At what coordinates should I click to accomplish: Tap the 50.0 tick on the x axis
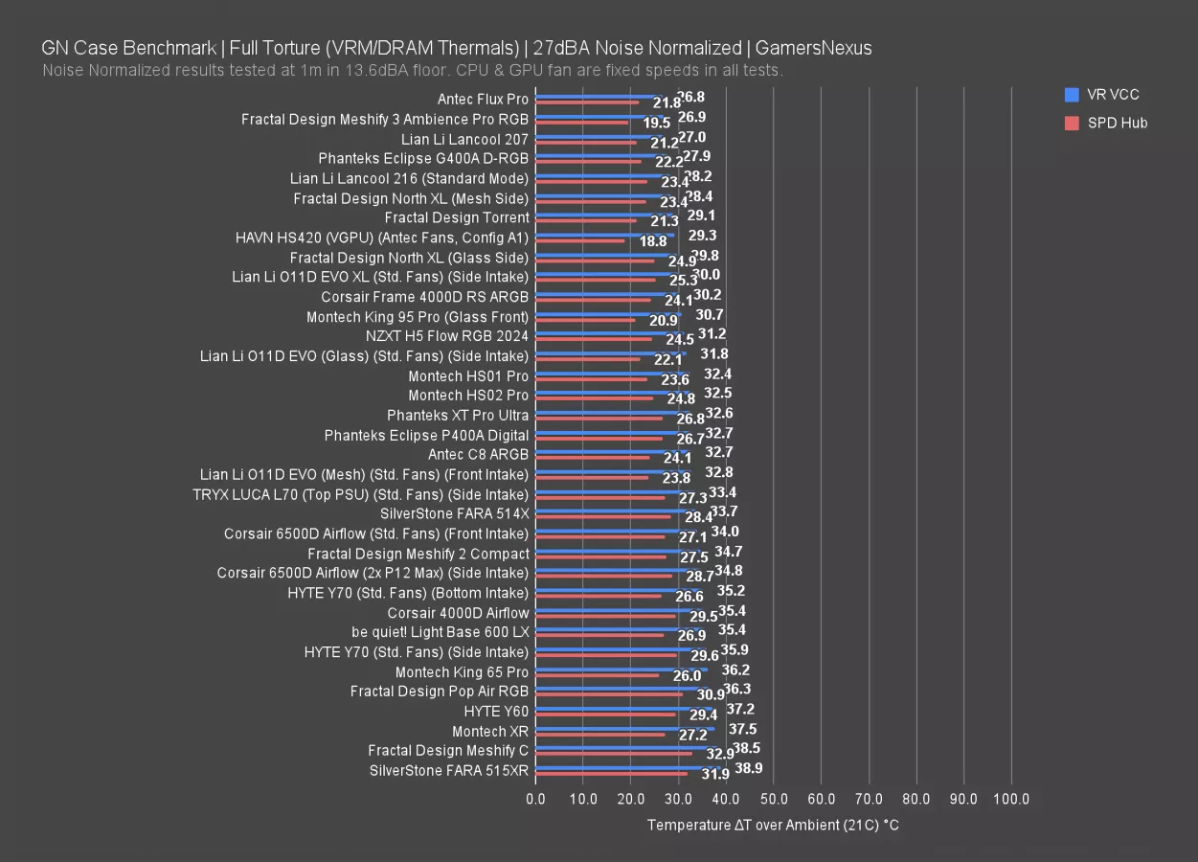point(773,799)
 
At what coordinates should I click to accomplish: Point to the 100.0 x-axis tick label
point(1011,799)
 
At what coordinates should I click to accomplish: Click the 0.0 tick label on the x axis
point(536,799)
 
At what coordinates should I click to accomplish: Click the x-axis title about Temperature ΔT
point(773,825)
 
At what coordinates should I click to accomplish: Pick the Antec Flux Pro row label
point(483,99)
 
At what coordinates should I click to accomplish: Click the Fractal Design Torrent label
point(456,217)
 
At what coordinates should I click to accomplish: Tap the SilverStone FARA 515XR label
point(448,770)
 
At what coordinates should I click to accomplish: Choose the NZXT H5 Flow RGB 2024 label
point(446,336)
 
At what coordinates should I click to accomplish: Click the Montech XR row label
point(489,731)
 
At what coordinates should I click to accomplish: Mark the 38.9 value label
point(749,768)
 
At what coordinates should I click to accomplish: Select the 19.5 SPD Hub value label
point(657,123)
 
